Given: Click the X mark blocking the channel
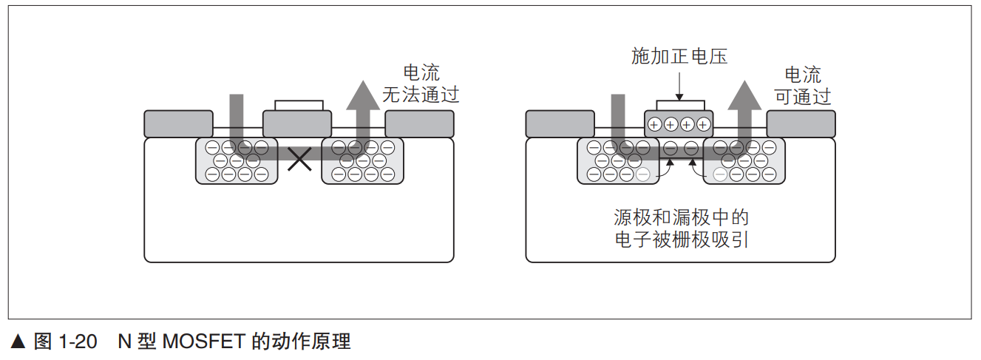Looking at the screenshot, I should point(299,158).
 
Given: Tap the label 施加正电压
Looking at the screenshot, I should point(679,56).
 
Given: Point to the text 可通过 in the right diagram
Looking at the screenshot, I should point(802,96).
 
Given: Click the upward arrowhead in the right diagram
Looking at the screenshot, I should point(744,94).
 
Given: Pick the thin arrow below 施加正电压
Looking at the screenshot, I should point(679,86).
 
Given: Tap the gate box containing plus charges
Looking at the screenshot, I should point(679,123).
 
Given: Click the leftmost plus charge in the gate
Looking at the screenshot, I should point(654,124).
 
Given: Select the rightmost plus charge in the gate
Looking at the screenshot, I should point(703,124).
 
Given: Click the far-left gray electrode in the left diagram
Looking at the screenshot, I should point(178,123).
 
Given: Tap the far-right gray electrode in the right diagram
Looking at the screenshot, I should point(801,123).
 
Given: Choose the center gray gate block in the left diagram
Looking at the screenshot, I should point(298,123).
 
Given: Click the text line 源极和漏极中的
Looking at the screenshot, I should point(681,217).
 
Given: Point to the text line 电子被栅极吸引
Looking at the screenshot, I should point(681,240).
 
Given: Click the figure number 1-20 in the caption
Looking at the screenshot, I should point(77,342).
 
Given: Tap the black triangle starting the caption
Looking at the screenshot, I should point(19,342).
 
